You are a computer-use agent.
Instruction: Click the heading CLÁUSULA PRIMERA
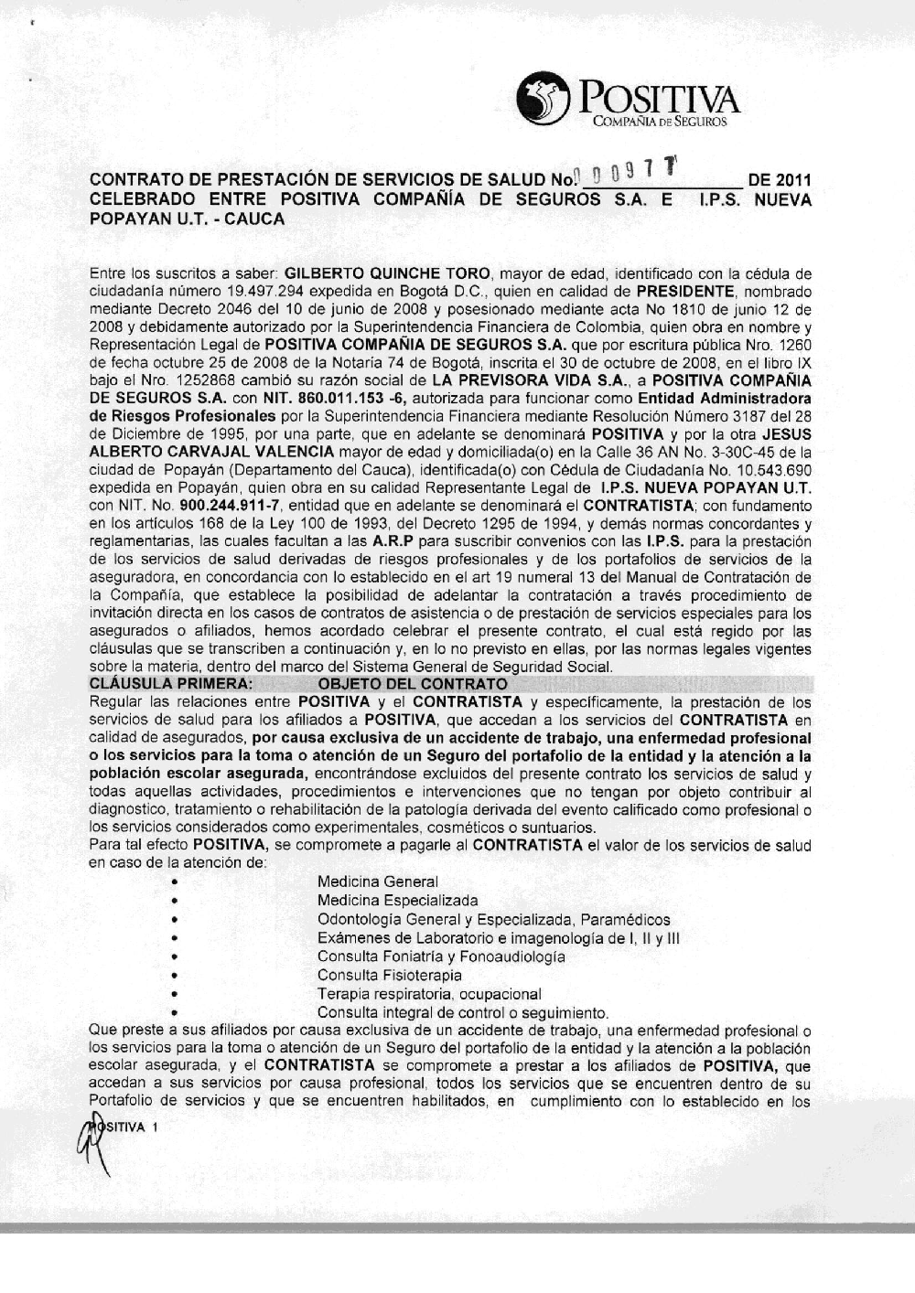[x=170, y=684]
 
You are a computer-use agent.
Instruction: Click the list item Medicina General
[x=377, y=882]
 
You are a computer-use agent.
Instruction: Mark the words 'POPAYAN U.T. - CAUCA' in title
[x=187, y=219]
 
